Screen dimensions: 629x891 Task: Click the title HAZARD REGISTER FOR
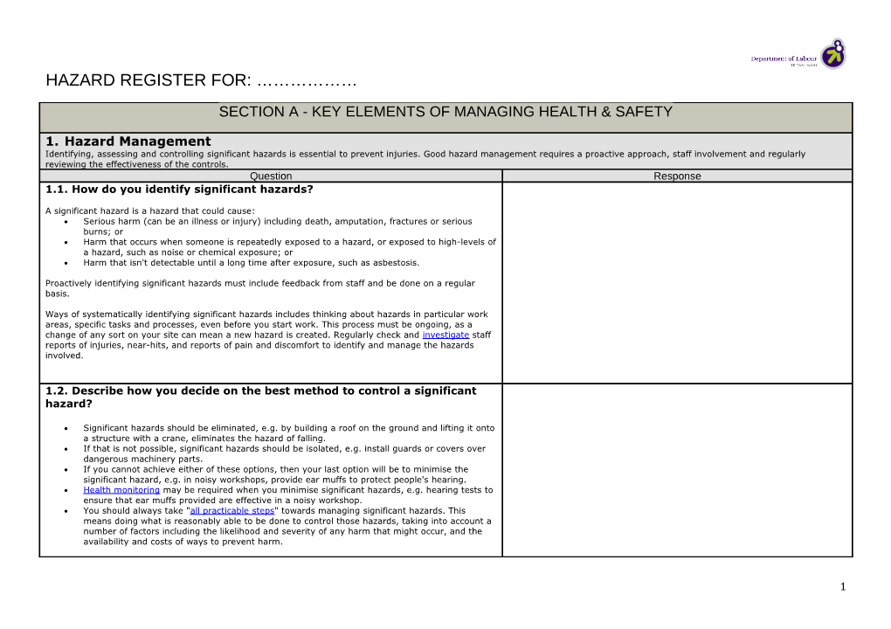[148, 81]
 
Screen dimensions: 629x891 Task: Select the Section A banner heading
[445, 112]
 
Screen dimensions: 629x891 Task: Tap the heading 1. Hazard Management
[128, 141]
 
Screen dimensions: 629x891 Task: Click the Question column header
[271, 176]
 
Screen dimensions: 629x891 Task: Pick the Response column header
[677, 176]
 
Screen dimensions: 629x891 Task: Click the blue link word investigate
[445, 335]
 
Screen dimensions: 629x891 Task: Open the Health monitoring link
[121, 490]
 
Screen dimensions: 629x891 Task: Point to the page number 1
[843, 587]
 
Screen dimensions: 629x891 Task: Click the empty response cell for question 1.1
[677, 281]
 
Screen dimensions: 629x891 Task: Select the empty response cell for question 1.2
[677, 469]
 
